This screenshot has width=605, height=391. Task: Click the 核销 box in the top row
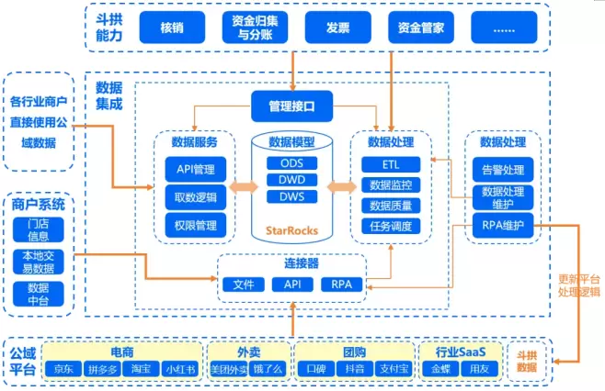(x=171, y=28)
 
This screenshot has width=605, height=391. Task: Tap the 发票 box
(x=337, y=28)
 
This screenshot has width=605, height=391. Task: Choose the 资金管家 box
(x=420, y=28)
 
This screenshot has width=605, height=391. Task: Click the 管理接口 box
(x=292, y=106)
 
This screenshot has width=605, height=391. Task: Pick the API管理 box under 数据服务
(x=195, y=169)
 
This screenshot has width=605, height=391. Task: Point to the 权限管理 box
(x=195, y=224)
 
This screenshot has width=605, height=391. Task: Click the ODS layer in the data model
(x=291, y=163)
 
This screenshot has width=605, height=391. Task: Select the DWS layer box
(x=291, y=195)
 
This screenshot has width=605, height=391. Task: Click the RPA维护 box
(x=502, y=226)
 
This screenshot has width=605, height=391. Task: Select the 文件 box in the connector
(x=244, y=285)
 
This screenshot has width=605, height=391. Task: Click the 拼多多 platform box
(x=102, y=369)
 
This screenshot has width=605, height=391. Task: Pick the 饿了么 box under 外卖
(x=266, y=369)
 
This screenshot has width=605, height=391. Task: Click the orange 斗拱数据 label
(x=526, y=361)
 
